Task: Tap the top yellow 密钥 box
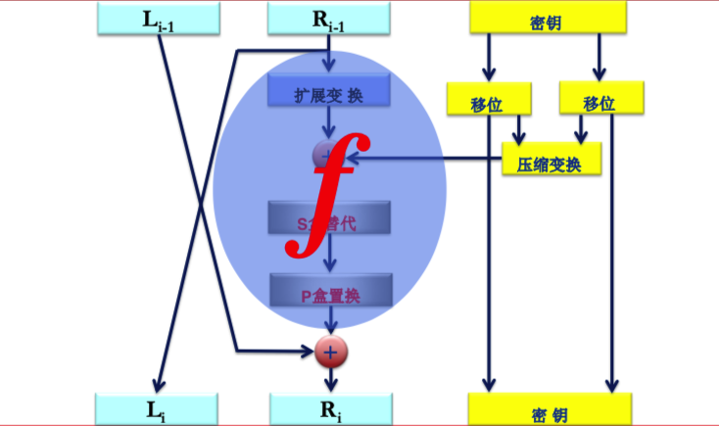(548, 18)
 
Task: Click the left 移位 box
(488, 100)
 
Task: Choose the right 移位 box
(599, 100)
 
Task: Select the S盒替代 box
(329, 219)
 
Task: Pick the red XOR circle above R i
(330, 351)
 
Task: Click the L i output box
(157, 408)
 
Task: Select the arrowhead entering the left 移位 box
(489, 73)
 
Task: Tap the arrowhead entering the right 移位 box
(599, 72)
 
